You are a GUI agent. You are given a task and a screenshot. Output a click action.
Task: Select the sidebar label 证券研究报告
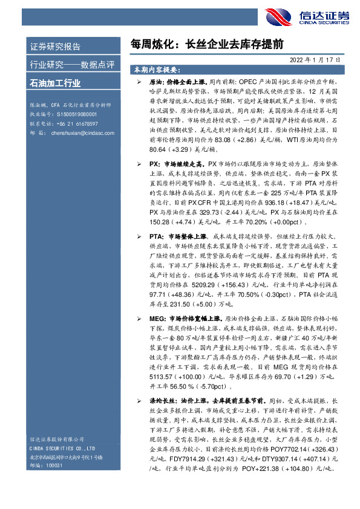[x=55, y=47]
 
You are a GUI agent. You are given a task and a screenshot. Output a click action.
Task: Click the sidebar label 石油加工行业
[x=55, y=83]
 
